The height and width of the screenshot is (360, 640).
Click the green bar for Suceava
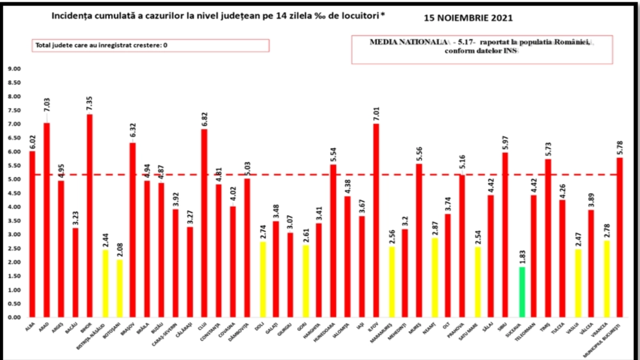[522, 292]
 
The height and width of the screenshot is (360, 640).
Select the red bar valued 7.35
[90, 216]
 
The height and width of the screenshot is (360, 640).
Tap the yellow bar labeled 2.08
[120, 288]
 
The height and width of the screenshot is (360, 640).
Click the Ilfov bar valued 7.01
[376, 220]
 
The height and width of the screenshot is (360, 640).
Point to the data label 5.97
[505, 143]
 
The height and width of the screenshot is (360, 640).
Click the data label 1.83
[522, 257]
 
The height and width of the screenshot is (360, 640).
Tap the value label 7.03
[47, 105]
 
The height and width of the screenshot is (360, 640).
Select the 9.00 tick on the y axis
[14, 69]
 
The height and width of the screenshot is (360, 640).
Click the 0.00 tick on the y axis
[14, 318]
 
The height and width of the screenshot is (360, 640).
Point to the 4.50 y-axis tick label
[14, 193]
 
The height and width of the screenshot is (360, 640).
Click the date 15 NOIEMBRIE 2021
[468, 18]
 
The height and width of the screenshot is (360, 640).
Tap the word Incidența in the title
[72, 16]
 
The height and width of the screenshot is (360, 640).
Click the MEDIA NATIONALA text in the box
[408, 42]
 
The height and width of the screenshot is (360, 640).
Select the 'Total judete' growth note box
[150, 45]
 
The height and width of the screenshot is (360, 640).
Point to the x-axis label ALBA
[30, 326]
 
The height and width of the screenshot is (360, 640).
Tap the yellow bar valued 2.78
[606, 279]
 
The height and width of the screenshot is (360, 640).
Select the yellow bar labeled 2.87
[434, 278]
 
